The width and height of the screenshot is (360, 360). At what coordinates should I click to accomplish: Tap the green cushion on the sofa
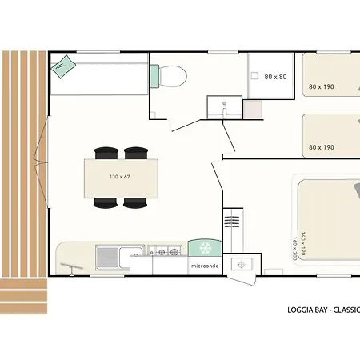tap(63, 67)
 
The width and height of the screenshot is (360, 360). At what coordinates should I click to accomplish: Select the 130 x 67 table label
tap(120, 177)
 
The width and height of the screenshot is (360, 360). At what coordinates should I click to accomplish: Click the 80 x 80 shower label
tap(275, 77)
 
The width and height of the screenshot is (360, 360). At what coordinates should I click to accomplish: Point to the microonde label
tap(205, 266)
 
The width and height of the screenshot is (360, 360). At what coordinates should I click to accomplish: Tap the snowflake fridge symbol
tap(206, 248)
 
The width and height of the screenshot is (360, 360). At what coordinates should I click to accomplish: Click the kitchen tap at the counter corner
tap(71, 268)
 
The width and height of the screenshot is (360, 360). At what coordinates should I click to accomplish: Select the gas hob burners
tap(165, 251)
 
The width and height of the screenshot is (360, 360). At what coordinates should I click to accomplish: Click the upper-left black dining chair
tap(106, 153)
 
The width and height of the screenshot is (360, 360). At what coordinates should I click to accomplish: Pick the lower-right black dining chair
tap(135, 203)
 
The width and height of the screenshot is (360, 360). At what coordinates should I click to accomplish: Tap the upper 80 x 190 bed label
tap(322, 86)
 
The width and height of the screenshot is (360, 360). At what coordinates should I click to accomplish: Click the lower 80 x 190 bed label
tap(322, 147)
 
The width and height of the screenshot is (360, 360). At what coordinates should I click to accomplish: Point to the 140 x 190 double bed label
tap(303, 243)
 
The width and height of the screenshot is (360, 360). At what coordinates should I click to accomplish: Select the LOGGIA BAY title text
tap(304, 310)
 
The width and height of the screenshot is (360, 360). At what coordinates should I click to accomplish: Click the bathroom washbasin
tap(225, 107)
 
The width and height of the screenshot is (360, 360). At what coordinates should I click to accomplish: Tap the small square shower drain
tap(254, 76)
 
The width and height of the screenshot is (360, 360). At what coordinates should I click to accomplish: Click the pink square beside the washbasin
tap(253, 110)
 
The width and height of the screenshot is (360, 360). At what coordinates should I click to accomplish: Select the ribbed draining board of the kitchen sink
tap(107, 258)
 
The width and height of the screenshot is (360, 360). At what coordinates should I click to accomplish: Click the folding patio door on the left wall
tap(42, 162)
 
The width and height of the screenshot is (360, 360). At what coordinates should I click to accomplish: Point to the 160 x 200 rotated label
tap(295, 248)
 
